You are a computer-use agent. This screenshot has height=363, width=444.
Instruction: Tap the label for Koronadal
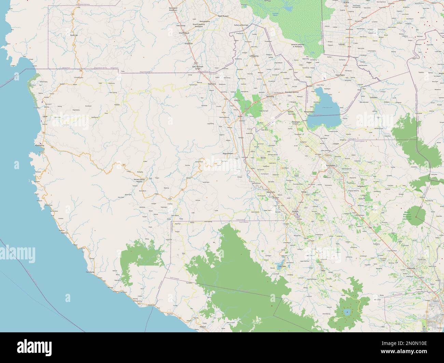click(331, 166)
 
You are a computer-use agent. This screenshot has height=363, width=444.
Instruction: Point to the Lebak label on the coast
click(44, 117)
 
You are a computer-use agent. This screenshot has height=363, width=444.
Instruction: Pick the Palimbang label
click(90, 272)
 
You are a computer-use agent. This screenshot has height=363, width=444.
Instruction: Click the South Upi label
click(73, 35)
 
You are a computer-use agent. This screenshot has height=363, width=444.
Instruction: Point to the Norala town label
click(263, 158)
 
